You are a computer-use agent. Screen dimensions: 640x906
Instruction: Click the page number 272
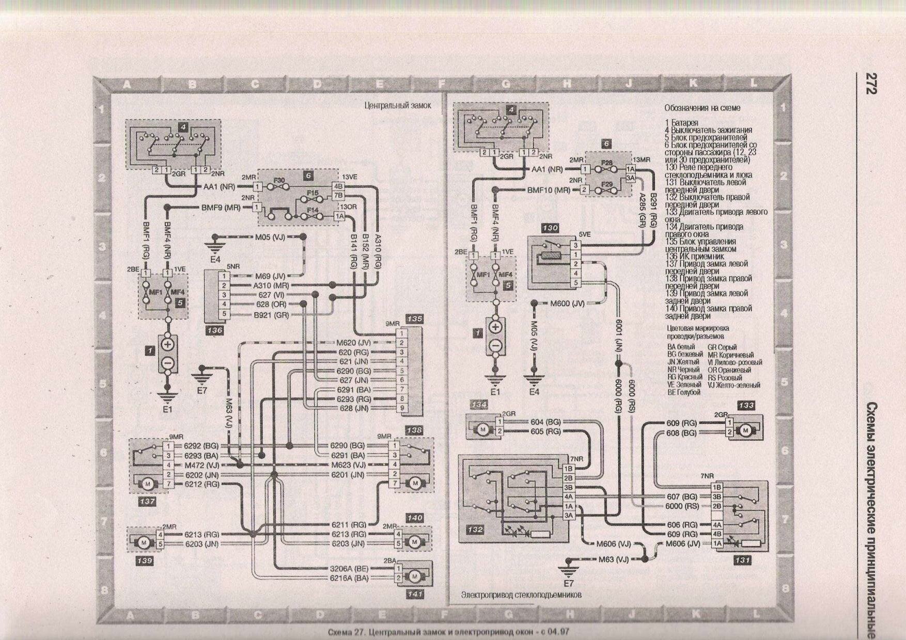[x=868, y=83]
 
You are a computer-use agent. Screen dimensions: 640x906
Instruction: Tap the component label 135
[x=415, y=319]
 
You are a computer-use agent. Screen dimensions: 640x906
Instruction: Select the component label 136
[x=214, y=330]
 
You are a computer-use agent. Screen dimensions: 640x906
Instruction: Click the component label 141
[x=415, y=594]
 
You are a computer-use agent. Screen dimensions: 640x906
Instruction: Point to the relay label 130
[x=550, y=228]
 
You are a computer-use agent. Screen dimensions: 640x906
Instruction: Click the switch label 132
[x=475, y=530]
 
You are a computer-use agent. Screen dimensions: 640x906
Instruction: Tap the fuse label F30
[x=279, y=181]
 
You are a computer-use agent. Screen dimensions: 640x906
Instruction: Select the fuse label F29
[x=606, y=184]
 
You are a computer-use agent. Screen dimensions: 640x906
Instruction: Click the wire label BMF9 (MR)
[x=221, y=207]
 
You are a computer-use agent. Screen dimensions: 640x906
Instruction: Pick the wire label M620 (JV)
[x=354, y=343]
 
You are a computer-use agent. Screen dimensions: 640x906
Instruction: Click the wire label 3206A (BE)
[x=350, y=568]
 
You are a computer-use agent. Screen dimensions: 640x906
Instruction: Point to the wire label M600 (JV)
[x=567, y=303]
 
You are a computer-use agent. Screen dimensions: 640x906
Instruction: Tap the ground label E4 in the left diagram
[x=215, y=259]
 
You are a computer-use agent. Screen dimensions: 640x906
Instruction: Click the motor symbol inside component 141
[x=414, y=576]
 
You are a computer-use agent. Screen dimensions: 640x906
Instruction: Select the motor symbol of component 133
[x=745, y=430]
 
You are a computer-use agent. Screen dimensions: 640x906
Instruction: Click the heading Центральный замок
[x=397, y=106]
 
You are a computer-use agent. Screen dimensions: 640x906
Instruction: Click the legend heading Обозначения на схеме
[x=702, y=108]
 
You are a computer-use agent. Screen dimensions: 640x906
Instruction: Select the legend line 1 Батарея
[x=682, y=123]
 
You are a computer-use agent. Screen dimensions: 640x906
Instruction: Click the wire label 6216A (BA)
[x=350, y=579]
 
